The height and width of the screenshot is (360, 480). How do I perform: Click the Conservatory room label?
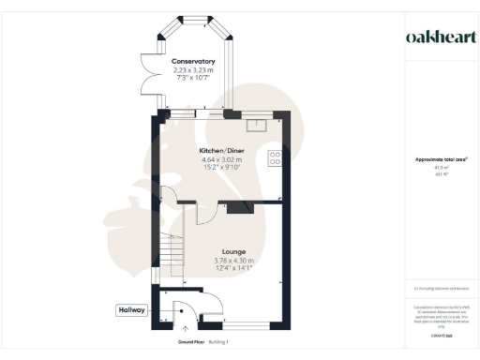coord(193,62)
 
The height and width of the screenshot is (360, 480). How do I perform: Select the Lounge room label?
coord(220,251)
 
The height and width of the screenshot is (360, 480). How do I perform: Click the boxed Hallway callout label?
coord(131,310)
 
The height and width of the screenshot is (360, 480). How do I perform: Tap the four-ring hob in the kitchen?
coord(276,158)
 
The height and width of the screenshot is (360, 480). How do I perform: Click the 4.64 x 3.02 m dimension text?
coord(222,159)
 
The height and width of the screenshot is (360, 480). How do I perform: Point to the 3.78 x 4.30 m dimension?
coord(220,260)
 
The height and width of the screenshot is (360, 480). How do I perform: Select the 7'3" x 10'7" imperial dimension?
coord(193,80)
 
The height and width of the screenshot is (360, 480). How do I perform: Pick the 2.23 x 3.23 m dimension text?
coord(193,71)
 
